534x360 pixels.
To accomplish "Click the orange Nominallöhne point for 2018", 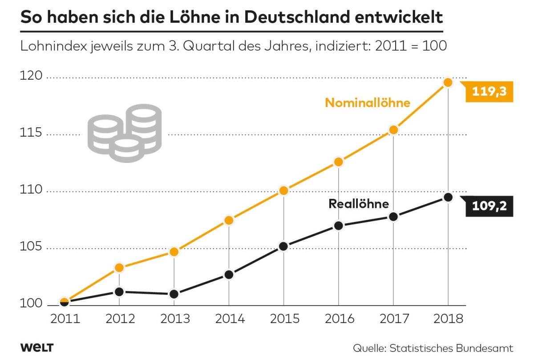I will (448, 82).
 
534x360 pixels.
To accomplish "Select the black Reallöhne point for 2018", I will (448, 197).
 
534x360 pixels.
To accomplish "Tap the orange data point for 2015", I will (284, 191).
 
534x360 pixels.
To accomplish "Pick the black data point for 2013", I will (174, 294).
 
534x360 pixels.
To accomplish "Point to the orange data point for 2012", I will (119, 267).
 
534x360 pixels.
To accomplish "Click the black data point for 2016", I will (339, 226).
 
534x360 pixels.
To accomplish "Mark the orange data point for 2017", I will (393, 130).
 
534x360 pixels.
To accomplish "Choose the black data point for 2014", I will (229, 275).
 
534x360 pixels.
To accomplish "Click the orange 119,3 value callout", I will (489, 93).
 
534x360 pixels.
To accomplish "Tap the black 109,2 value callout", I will (489, 206).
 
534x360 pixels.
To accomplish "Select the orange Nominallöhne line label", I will (367, 103).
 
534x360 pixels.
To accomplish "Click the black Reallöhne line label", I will (359, 204).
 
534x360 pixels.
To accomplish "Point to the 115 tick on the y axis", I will (31, 133).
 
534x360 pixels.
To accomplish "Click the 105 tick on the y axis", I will (31, 247).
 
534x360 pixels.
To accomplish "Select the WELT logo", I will (36, 347).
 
